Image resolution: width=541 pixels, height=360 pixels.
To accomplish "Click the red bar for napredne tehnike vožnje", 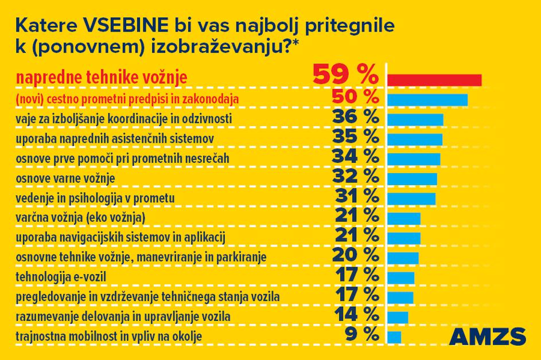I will (434, 79).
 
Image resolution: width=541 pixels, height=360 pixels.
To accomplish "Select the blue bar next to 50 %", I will (427, 100).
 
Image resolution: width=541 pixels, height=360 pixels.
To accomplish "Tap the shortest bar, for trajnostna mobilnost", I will (394, 336).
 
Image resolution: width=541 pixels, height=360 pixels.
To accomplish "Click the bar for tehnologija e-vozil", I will (400, 277).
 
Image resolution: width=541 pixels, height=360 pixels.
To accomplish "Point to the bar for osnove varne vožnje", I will (412, 178).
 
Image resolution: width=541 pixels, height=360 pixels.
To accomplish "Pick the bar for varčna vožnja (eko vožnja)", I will (404, 218).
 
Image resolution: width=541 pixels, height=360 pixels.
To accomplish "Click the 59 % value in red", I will (345, 75).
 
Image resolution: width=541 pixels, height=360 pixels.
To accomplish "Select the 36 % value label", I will (356, 118).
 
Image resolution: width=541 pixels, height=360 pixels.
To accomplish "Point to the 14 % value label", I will (356, 314).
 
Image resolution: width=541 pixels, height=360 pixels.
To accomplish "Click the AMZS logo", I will (488, 336).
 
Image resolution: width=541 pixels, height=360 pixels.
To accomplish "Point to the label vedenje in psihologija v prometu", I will (95, 198).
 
